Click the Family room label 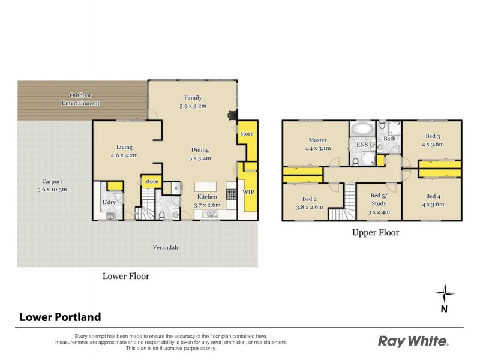tap(193, 98)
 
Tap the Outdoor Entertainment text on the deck tap(84, 99)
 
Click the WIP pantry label tap(248, 192)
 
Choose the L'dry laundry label tap(109, 202)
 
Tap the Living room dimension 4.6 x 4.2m tap(125, 155)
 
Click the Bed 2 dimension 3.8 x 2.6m tap(308, 207)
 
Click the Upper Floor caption tap(375, 232)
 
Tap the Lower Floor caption tap(125, 277)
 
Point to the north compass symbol tap(444, 294)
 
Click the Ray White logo tap(413, 341)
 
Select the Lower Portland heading tap(61, 317)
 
